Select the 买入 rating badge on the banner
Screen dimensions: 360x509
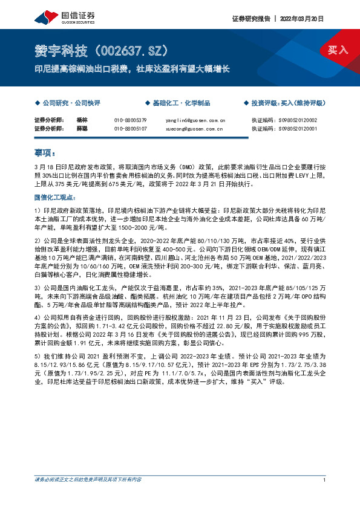click(x=337, y=50)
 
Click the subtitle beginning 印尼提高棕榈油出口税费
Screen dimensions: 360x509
click(x=131, y=69)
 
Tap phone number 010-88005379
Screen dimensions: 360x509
click(x=130, y=120)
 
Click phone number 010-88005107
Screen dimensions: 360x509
click(x=130, y=128)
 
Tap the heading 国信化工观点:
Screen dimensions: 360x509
click(x=54, y=198)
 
